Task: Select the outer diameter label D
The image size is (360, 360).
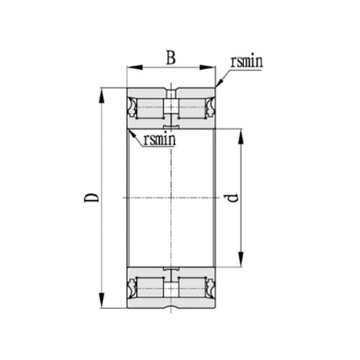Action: (x=91, y=197)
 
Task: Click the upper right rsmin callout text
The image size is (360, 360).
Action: (x=246, y=61)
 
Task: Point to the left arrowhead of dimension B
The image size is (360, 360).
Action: (x=130, y=68)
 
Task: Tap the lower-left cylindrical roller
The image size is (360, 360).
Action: (x=150, y=287)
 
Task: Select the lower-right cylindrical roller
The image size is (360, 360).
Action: (x=192, y=287)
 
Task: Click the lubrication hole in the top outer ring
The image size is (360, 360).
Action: (x=171, y=93)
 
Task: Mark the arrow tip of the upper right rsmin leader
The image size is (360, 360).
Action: (x=215, y=88)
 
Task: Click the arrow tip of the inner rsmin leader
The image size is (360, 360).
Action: (x=128, y=130)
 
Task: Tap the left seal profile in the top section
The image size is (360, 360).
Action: (x=132, y=109)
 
